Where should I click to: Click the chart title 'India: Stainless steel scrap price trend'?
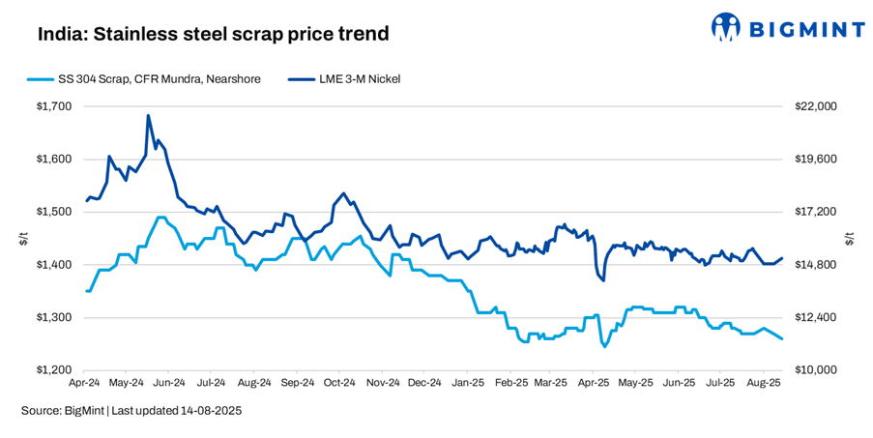214,35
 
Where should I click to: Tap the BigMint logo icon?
727,27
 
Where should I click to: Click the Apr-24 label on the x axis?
88,383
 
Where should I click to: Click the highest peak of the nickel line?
148,115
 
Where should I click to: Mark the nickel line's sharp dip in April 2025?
603,280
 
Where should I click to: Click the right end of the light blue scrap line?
782,338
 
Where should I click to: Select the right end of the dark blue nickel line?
782,258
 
